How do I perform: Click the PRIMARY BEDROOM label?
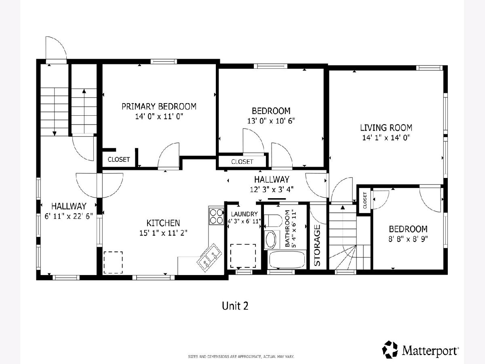[x=159, y=106]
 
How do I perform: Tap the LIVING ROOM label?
[x=386, y=128]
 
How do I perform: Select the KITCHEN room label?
[x=163, y=223]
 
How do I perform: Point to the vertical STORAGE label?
[x=317, y=245]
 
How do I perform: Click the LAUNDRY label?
[x=245, y=214]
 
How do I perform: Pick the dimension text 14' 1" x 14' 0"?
[x=386, y=138]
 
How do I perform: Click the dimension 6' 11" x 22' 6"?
[x=69, y=216]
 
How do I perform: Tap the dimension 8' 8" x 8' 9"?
[x=408, y=239]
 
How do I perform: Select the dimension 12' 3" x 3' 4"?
[x=272, y=189]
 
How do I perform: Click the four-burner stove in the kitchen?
[x=216, y=216]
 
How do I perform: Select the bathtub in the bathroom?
[x=287, y=259]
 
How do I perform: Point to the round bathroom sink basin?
[x=271, y=240]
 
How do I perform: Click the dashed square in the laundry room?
[x=243, y=256]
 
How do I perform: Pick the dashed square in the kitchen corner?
[x=113, y=262]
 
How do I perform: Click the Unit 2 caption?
[x=235, y=306]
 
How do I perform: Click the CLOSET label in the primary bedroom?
[x=119, y=159]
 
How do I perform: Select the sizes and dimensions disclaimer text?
[x=241, y=356]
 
